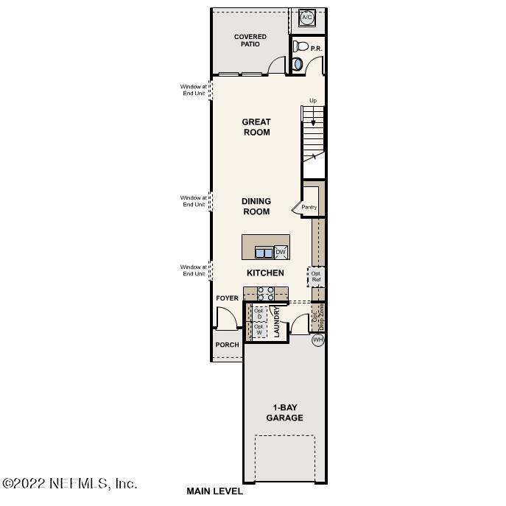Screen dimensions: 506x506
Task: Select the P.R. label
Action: (x=317, y=49)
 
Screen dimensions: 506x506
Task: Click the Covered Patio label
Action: (x=250, y=41)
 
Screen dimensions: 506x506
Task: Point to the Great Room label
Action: (x=256, y=127)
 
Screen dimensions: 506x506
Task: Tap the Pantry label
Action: (x=309, y=207)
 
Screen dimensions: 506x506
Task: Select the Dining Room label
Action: (x=256, y=206)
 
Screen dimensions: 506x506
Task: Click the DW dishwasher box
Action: (x=280, y=253)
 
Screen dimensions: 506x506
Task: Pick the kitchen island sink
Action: (x=263, y=253)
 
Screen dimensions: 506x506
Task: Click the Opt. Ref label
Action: (x=316, y=277)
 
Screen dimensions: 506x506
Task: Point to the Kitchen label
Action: (x=265, y=273)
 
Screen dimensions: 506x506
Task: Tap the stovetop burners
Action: (x=265, y=294)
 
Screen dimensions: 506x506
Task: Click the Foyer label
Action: (x=227, y=298)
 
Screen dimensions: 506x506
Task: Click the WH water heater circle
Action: (x=317, y=340)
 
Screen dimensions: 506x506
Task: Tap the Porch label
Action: (x=227, y=345)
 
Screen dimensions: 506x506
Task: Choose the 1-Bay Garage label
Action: (x=284, y=412)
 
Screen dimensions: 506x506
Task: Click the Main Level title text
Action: (x=214, y=491)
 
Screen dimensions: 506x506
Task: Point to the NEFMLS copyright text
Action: (x=70, y=483)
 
